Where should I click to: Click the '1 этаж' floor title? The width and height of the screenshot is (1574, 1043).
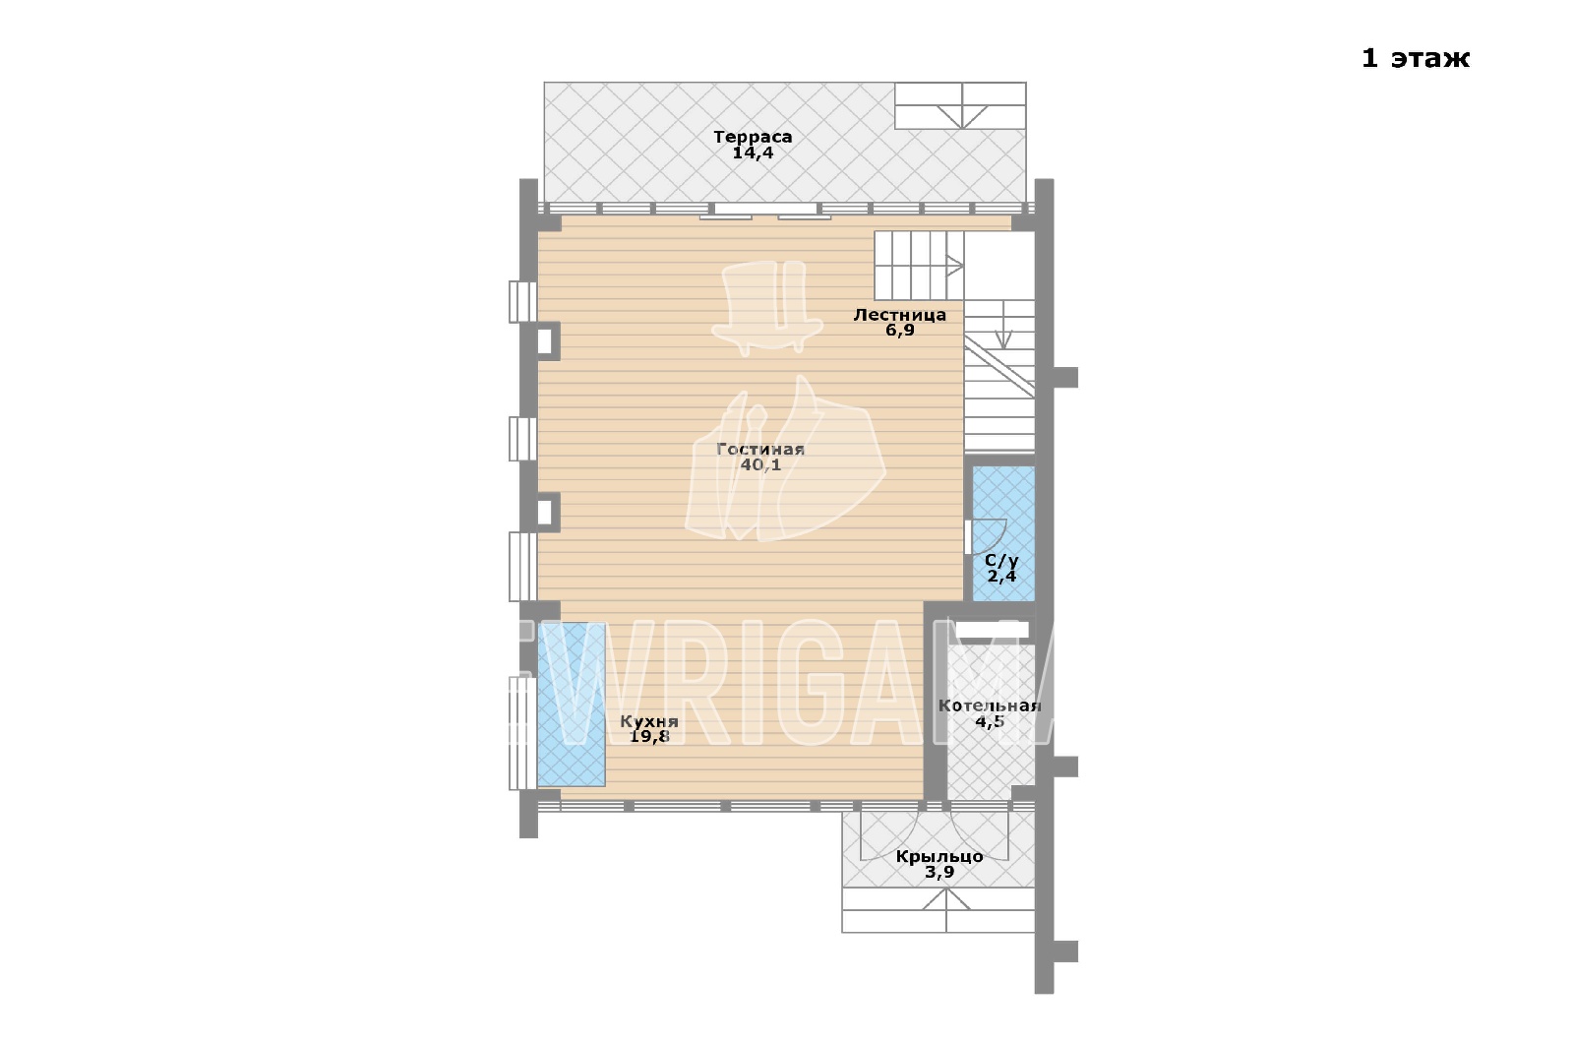(1416, 58)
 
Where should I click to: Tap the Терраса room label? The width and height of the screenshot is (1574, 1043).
(753, 137)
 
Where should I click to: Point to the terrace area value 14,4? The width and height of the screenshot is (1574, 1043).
(753, 153)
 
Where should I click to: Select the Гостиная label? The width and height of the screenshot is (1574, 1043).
(760, 449)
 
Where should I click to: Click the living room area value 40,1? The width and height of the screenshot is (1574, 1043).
(760, 464)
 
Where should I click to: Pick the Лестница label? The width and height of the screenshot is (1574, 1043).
(899, 315)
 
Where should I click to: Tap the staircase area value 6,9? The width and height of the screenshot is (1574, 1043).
(899, 331)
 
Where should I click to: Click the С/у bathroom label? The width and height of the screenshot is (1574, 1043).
(1001, 561)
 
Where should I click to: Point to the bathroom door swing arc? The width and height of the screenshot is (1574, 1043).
(998, 540)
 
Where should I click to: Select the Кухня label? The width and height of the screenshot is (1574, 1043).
(649, 722)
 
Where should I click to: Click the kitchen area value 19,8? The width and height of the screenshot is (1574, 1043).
(649, 737)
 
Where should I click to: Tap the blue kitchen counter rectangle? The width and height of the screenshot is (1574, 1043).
(572, 705)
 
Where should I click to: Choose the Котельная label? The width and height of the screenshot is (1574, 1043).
(990, 706)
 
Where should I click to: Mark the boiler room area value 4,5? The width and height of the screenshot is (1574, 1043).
(990, 722)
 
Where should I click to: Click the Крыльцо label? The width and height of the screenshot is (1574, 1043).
(938, 857)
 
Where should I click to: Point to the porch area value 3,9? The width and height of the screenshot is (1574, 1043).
(938, 873)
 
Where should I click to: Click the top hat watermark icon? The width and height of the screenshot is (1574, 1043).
(766, 307)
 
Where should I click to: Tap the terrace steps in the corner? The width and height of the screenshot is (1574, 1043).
(960, 105)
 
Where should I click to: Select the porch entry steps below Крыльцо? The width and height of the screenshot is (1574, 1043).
(938, 910)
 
